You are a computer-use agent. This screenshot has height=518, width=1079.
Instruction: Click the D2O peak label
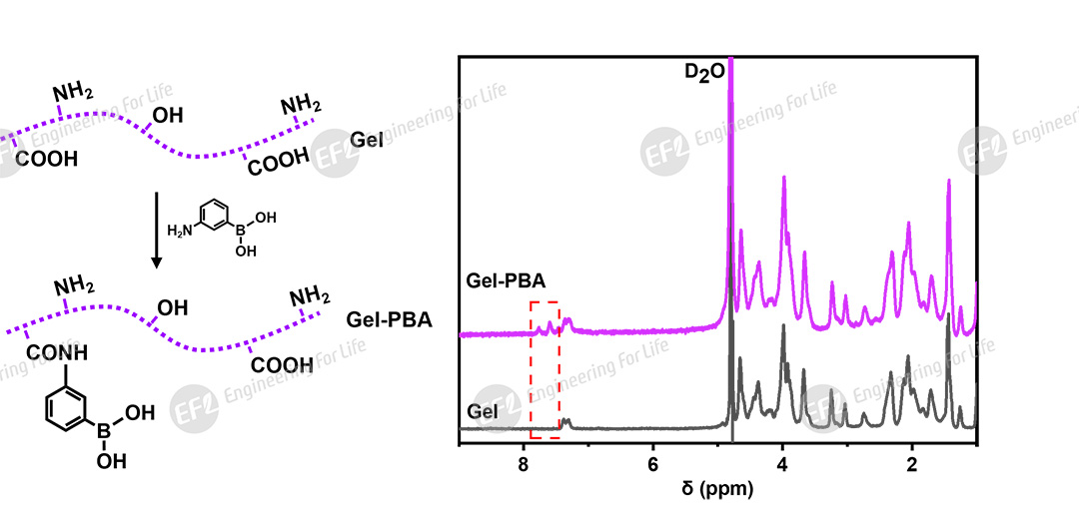click(690, 74)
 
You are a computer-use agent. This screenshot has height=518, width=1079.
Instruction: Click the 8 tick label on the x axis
click(524, 466)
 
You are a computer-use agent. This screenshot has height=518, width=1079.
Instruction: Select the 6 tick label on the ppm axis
click(652, 466)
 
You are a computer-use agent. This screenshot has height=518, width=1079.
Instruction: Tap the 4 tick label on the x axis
click(782, 466)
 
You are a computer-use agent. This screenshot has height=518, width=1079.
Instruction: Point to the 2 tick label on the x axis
click(911, 466)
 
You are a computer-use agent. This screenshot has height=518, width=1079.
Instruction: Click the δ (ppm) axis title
click(716, 490)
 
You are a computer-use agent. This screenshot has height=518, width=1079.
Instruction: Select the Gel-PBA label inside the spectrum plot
click(506, 280)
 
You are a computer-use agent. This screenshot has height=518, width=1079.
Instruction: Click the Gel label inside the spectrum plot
click(483, 410)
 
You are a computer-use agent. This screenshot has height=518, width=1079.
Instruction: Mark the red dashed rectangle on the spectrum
click(544, 369)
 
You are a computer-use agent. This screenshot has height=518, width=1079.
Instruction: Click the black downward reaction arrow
click(156, 230)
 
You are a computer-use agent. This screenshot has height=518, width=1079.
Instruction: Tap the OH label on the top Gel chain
click(167, 116)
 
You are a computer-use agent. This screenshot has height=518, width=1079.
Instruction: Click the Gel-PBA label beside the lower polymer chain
click(389, 321)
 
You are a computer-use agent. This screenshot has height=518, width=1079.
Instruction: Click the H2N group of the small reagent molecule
click(178, 231)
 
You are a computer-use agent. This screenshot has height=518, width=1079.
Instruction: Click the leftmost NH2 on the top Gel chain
click(73, 93)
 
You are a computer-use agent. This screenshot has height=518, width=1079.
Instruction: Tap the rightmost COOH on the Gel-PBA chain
click(282, 365)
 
